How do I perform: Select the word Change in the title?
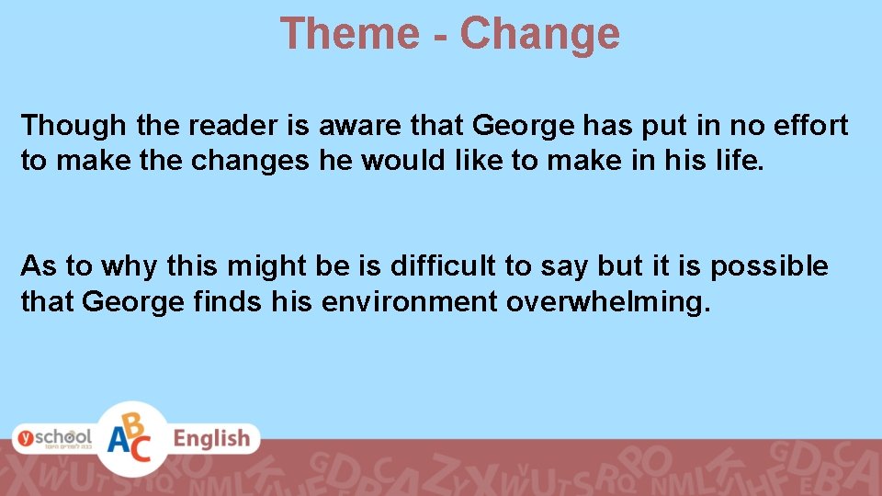pyautogui.click(x=540, y=34)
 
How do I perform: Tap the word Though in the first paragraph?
pyautogui.click(x=74, y=125)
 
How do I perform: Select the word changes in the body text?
pyautogui.click(x=249, y=161)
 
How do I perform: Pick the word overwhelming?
pyautogui.click(x=609, y=302)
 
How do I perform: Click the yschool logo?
pyautogui.click(x=52, y=437)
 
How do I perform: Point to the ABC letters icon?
pyautogui.click(x=133, y=439)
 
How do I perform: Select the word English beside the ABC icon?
pyautogui.click(x=212, y=439)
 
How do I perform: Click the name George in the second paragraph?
pyautogui.click(x=133, y=302)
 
